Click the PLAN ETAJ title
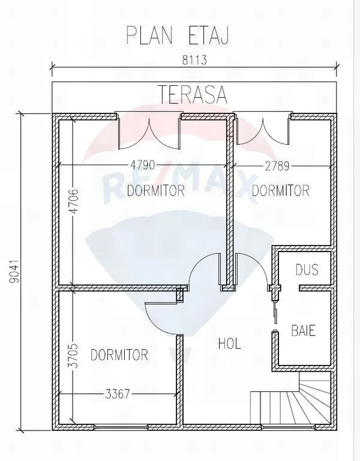[177, 35]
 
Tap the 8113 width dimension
[194, 60]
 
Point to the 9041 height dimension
[14, 271]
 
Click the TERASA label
[193, 94]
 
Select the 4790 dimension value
[143, 165]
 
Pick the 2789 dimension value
[277, 166]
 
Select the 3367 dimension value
[117, 394]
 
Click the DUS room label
[307, 270]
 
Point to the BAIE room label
[303, 331]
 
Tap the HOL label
[230, 343]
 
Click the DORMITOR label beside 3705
[119, 355]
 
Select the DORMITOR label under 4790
[156, 190]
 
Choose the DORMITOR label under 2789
[281, 190]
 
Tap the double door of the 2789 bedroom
[262, 129]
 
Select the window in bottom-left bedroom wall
[121, 426]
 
